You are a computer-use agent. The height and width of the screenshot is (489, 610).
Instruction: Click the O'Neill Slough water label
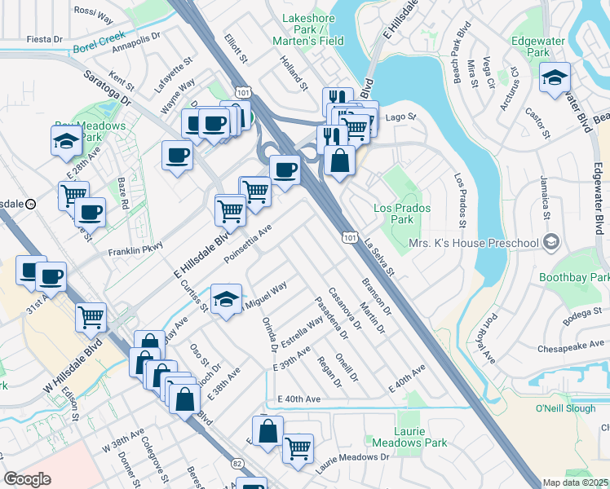click(x=560, y=407)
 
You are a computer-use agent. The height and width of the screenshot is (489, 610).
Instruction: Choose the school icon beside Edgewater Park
click(x=555, y=78)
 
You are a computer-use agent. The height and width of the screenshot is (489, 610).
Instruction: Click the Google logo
click(x=28, y=479)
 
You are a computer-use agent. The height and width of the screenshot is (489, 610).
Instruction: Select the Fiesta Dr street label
click(x=45, y=38)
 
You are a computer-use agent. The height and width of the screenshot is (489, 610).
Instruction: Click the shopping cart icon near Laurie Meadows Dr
click(x=298, y=447)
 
